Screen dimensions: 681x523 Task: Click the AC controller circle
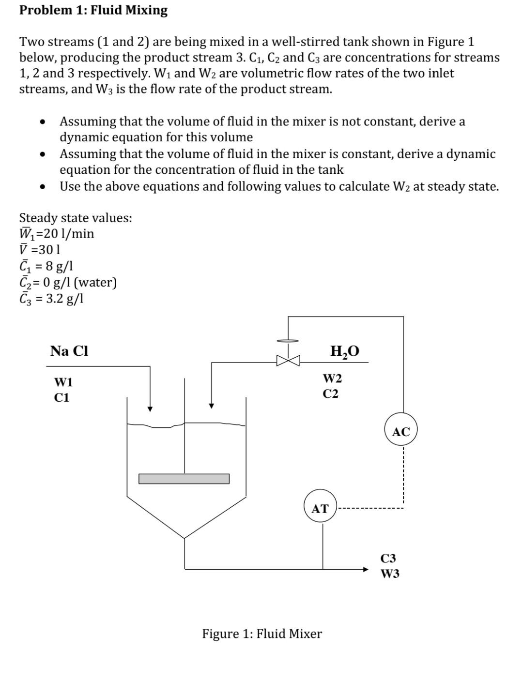click(x=400, y=431)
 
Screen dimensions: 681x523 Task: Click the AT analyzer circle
click(x=320, y=509)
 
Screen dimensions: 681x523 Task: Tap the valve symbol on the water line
click(x=288, y=360)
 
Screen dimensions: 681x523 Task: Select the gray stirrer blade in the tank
click(x=184, y=479)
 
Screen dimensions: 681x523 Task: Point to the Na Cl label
click(x=69, y=351)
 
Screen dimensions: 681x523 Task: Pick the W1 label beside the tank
click(x=63, y=382)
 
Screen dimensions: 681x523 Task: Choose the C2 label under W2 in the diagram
click(x=331, y=394)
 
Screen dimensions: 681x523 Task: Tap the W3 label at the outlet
click(x=390, y=574)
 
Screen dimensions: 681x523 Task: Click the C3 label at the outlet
click(x=388, y=559)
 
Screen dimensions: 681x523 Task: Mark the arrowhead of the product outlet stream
click(x=366, y=569)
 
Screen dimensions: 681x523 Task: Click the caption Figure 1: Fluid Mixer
click(x=261, y=634)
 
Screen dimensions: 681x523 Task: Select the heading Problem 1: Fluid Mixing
click(x=93, y=10)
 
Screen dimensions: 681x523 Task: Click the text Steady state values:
click(x=75, y=218)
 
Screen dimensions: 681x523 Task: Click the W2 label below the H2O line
click(x=332, y=378)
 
